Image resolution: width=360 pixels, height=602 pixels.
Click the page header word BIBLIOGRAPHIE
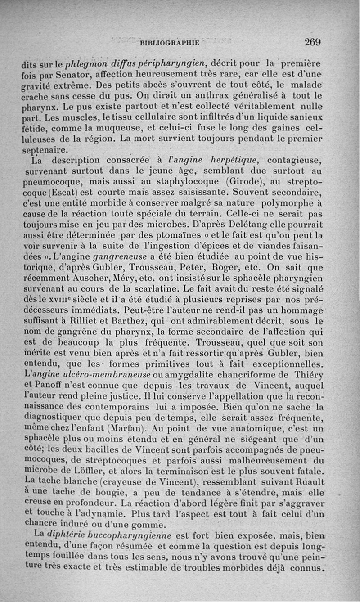point(170,43)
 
